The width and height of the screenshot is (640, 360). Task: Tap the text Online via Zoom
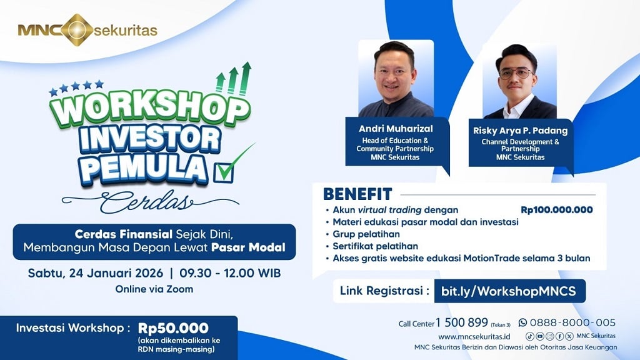tap(154, 289)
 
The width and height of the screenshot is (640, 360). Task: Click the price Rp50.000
tap(173, 328)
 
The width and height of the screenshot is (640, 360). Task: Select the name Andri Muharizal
tap(396, 129)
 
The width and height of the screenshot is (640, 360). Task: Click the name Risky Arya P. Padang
tap(520, 131)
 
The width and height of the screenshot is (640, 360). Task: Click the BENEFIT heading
tap(357, 194)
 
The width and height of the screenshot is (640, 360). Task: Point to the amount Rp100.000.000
tap(556, 210)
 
